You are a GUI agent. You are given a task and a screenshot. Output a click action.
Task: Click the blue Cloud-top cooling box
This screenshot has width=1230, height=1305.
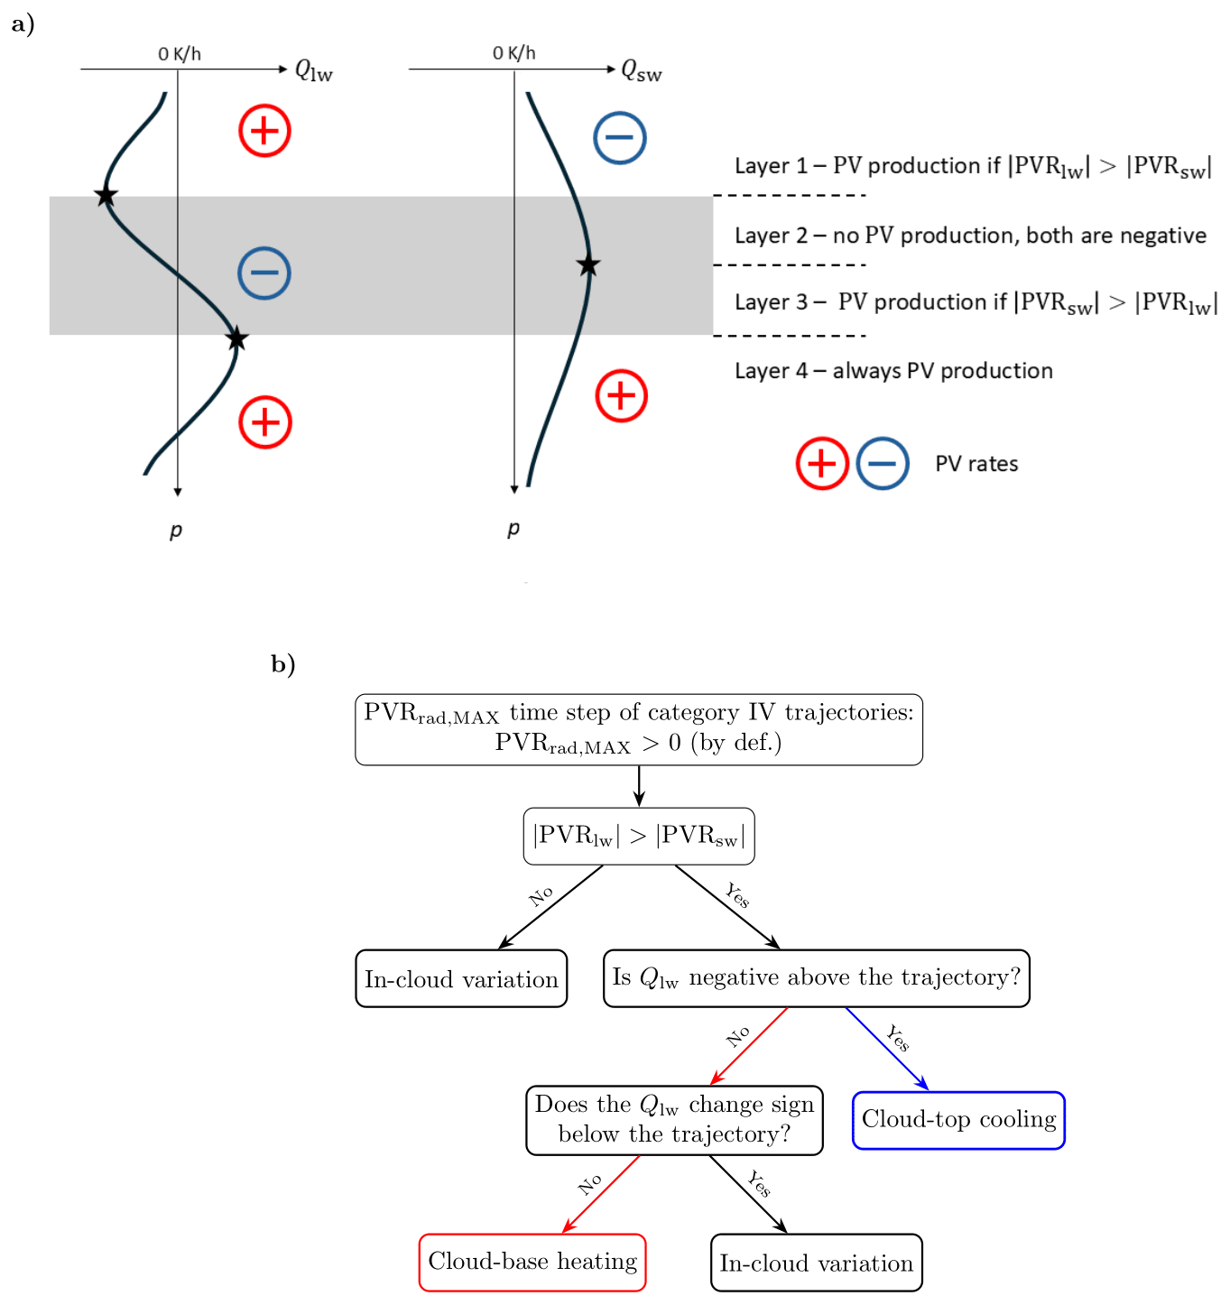coord(958,1120)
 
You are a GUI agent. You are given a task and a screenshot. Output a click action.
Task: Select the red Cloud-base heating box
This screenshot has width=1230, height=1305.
coord(532,1262)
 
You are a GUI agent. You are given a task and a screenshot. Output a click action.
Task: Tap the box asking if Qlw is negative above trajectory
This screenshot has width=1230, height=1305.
coord(816,977)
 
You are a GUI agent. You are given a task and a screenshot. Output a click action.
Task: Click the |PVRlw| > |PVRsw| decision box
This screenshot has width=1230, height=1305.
coord(639,836)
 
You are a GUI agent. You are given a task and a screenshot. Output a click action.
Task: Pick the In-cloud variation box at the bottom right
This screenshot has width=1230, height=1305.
coord(816,1263)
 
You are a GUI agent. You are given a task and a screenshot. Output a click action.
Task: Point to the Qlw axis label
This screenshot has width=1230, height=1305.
coord(314,70)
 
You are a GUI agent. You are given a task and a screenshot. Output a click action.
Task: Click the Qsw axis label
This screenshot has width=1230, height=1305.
coord(641,70)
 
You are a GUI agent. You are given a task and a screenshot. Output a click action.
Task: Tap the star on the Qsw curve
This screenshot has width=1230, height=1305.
coord(588,265)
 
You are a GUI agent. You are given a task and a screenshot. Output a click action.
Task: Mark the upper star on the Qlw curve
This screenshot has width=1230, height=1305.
coord(106,195)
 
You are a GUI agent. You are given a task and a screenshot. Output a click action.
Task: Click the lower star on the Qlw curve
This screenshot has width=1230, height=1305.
coord(236,339)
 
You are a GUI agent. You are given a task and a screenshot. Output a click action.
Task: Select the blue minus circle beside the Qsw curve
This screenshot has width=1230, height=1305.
coord(619,138)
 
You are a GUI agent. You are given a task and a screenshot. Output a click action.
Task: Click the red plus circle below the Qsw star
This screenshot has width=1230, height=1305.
coord(621,395)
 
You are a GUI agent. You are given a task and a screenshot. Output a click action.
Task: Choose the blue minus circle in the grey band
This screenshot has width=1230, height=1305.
coord(264,273)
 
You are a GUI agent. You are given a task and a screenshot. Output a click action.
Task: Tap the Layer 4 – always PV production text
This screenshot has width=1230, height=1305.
coord(893,371)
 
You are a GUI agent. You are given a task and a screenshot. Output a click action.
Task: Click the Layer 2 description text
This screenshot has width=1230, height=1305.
coord(970,236)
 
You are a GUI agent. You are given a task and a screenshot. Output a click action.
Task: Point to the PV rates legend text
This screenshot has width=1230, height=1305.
coord(976,464)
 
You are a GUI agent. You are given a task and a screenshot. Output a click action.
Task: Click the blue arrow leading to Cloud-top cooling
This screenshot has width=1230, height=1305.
coord(886,1049)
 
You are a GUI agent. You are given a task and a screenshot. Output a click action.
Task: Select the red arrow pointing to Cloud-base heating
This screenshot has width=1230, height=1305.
coord(601,1194)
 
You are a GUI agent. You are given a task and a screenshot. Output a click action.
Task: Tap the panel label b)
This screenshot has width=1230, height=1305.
coord(282,664)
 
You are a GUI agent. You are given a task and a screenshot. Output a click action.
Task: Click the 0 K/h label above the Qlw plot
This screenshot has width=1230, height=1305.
coord(179,54)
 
